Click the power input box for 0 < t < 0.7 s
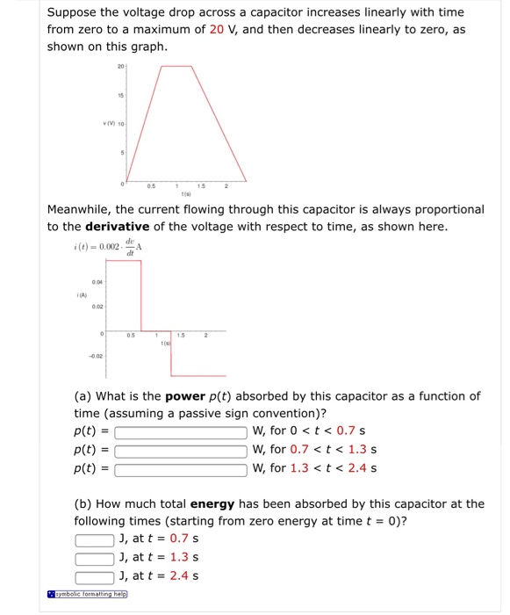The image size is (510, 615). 181,432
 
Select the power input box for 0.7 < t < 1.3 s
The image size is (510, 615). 181,450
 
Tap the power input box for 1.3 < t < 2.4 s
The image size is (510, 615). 181,468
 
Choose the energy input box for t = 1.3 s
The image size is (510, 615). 94,558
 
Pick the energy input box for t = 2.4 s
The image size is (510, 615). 94,576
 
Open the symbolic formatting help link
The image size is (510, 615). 87,594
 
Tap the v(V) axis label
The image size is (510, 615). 111,125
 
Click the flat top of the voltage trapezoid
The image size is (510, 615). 177,67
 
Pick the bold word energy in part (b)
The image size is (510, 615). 212,504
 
